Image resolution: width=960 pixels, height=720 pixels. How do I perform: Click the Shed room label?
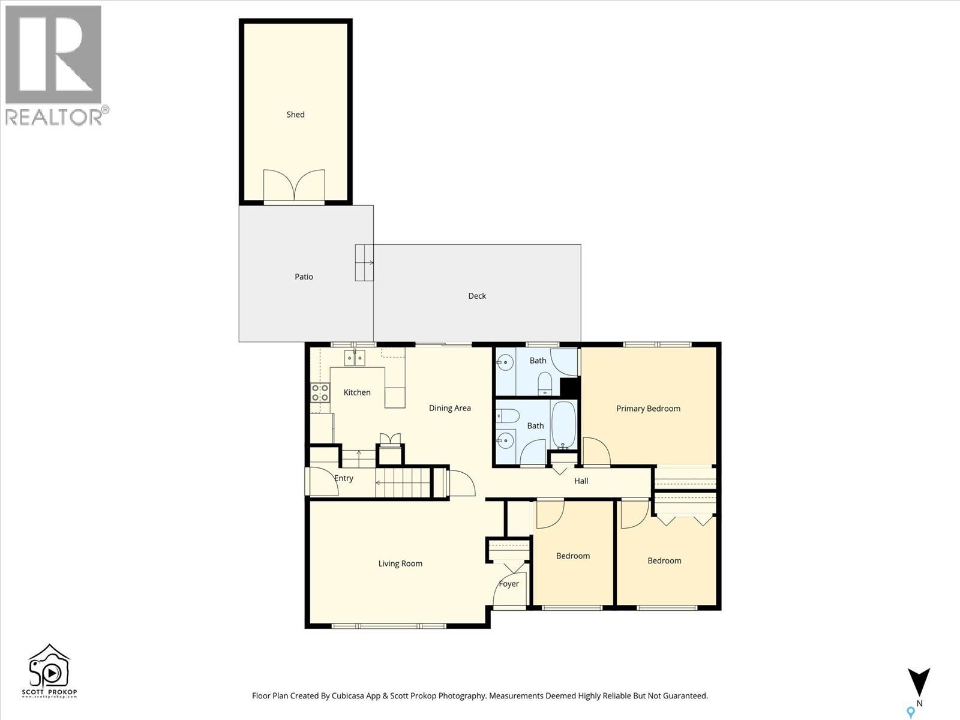coord(295,115)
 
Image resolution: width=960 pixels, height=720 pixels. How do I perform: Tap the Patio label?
coord(304,277)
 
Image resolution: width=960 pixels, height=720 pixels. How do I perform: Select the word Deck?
coord(477,296)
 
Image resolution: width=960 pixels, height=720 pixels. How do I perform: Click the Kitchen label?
coord(357,392)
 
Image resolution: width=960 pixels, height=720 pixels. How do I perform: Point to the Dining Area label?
coord(449,409)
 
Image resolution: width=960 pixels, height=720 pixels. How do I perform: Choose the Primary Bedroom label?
coord(648,409)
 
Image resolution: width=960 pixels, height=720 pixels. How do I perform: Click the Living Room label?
coord(400,564)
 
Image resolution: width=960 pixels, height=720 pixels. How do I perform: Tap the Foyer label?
coord(509,584)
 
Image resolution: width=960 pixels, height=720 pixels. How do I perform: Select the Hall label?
coord(581,481)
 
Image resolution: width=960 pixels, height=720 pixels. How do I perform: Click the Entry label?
coord(344,478)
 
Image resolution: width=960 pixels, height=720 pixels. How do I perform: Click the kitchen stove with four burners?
coord(320,392)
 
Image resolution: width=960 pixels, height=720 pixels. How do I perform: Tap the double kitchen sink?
coord(355,358)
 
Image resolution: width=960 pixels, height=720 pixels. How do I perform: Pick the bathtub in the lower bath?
coord(563,425)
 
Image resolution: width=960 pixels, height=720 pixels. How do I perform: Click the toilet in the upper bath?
coord(545,383)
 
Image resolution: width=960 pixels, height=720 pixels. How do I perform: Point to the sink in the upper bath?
coord(505,362)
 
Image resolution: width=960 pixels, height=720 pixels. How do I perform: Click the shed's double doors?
coord(294,186)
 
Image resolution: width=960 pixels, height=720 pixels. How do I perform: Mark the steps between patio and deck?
coord(364,263)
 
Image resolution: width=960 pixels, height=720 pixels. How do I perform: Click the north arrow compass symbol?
coord(919,682)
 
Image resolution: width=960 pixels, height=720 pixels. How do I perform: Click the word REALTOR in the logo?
coord(53,117)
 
